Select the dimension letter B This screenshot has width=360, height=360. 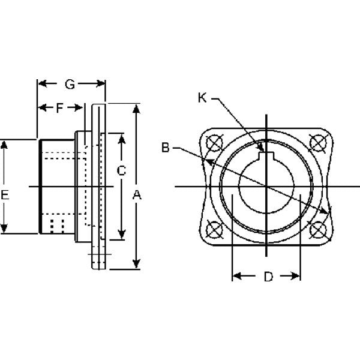tap(165, 146)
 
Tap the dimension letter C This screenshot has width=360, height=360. tap(122, 170)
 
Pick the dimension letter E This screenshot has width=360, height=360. tap(5, 194)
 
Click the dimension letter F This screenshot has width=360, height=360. tap(61, 109)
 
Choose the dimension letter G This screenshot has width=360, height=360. tap(70, 85)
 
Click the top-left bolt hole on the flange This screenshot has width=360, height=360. tap(211, 143)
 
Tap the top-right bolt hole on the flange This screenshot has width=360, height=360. tap(316, 143)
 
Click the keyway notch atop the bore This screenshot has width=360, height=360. tap(265, 157)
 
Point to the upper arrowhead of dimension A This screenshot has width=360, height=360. tap(137, 109)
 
